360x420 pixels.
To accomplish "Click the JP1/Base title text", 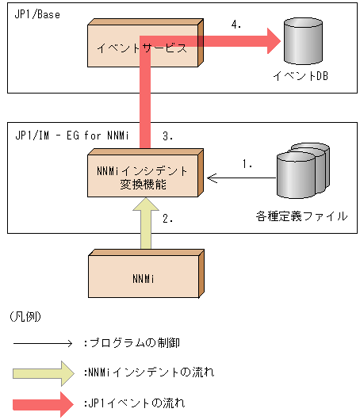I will click(x=36, y=15).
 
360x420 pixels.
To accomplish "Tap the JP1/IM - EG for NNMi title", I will click(x=67, y=136).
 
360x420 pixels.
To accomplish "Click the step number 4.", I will click(x=236, y=25).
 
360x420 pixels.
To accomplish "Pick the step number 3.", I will click(x=167, y=136).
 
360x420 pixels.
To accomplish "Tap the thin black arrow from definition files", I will click(x=238, y=178).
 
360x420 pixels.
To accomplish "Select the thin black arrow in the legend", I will click(x=44, y=343).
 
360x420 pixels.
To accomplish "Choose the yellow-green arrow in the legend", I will click(x=44, y=372).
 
